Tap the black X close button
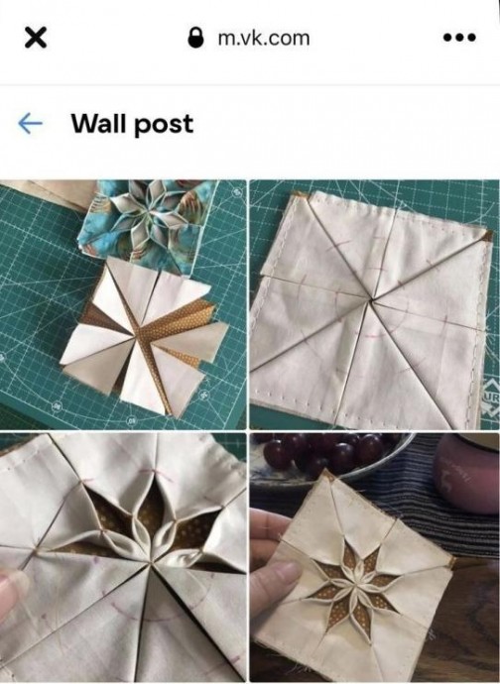pyautogui.click(x=36, y=38)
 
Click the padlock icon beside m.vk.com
pyautogui.click(x=196, y=38)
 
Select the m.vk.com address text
pyautogui.click(x=264, y=39)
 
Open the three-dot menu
pyautogui.click(x=459, y=38)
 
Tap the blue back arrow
pyautogui.click(x=30, y=124)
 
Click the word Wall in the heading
pyautogui.click(x=99, y=124)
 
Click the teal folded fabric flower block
pyautogui.click(x=148, y=222)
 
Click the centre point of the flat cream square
pyautogui.click(x=371, y=300)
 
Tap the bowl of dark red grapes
pyautogui.click(x=332, y=456)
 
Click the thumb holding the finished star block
pyautogui.click(x=274, y=588)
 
